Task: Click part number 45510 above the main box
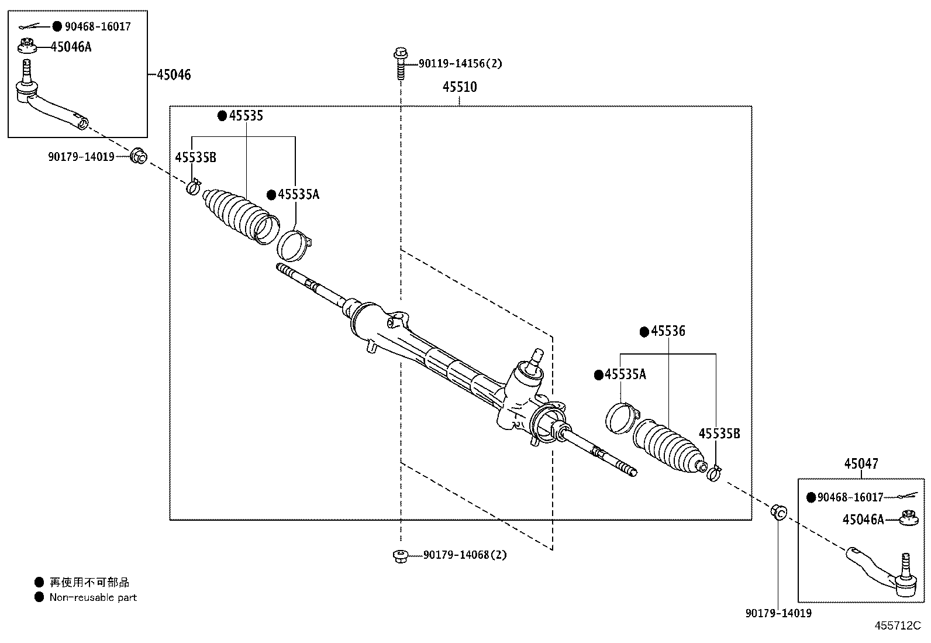coord(460,87)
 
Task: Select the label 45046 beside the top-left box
coord(174,75)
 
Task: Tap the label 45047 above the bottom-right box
coord(861,464)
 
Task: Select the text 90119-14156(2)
coord(460,63)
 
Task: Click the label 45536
coord(668,331)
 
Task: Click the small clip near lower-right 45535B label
coord(713,472)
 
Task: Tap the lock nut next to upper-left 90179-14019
coord(138,156)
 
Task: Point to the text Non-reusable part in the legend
coord(93,597)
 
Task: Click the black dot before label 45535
coord(222,116)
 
